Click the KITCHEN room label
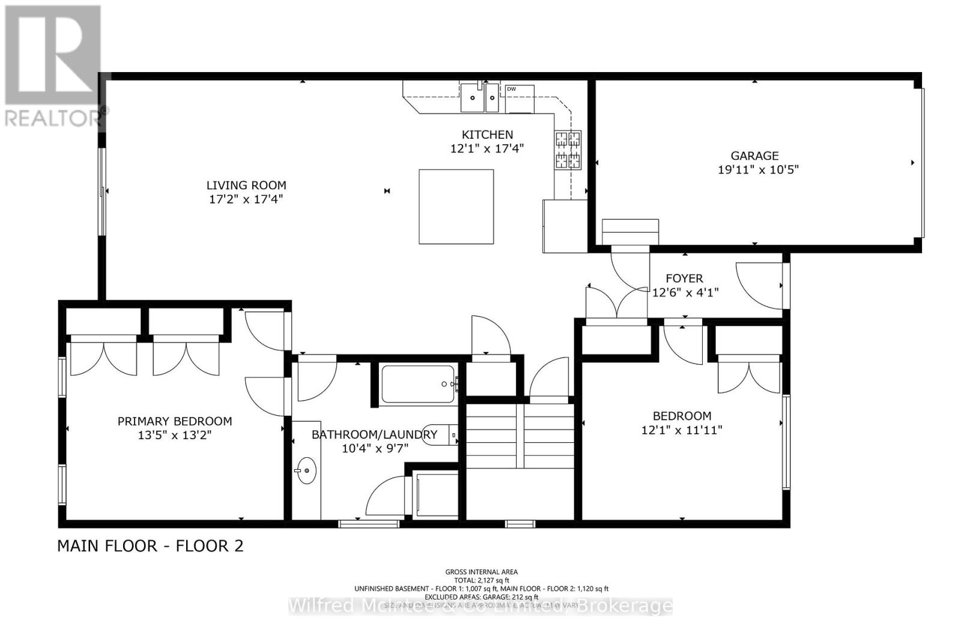click(487, 135)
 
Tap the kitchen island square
click(456, 206)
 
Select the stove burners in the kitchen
click(568, 150)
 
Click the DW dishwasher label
click(512, 90)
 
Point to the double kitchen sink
click(480, 98)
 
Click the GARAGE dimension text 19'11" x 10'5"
click(758, 170)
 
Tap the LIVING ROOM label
click(246, 186)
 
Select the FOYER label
click(684, 278)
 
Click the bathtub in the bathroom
click(418, 384)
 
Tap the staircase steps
click(520, 436)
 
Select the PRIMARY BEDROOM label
click(175, 421)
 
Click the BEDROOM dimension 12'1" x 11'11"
click(682, 430)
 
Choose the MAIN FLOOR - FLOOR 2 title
click(150, 546)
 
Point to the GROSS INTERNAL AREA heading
click(481, 572)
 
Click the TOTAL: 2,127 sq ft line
click(481, 580)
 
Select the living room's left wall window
click(102, 191)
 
